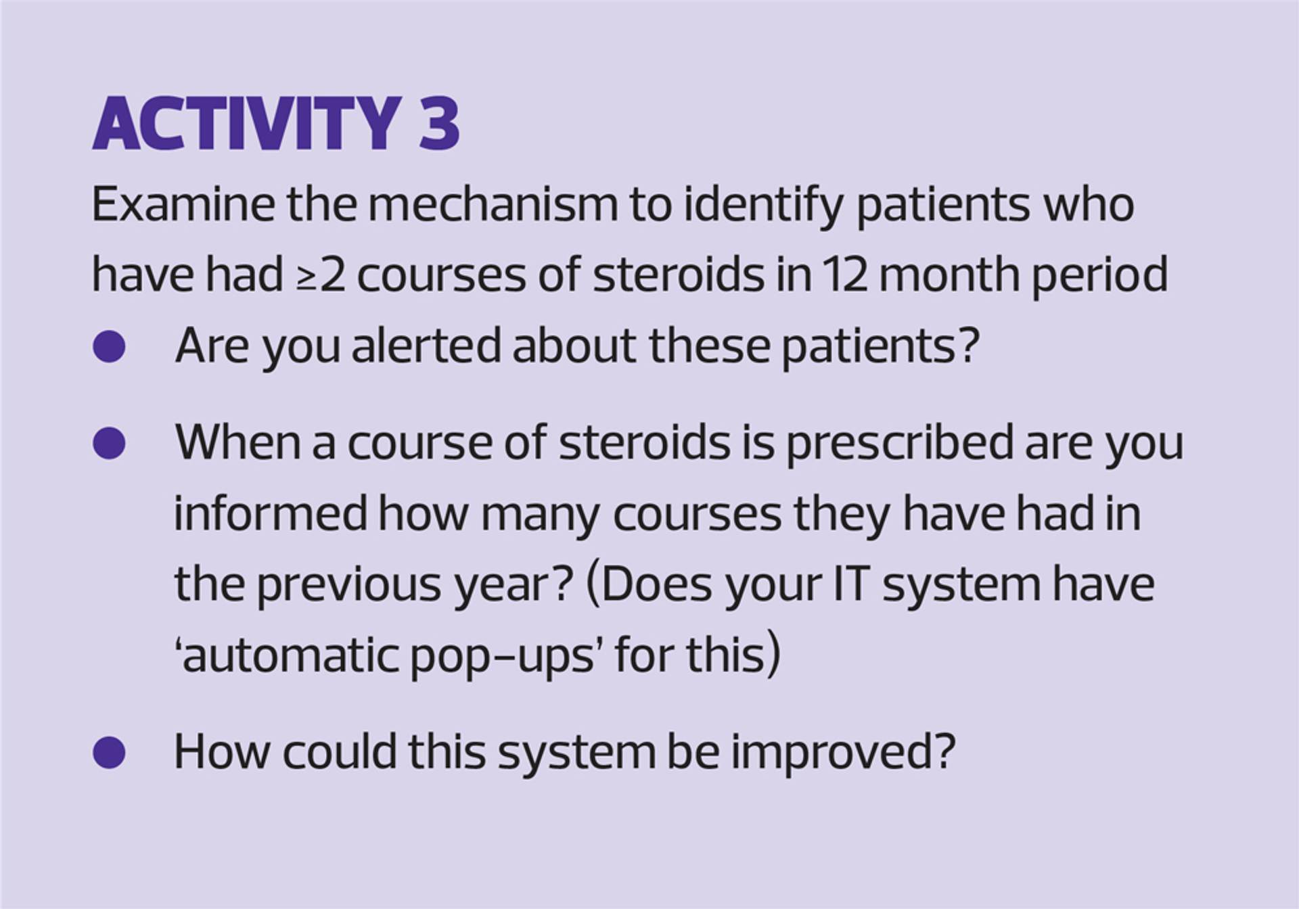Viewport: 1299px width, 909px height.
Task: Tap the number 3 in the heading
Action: click(x=439, y=124)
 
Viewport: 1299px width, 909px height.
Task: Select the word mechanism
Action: click(x=493, y=204)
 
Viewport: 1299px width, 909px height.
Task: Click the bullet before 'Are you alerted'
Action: click(x=109, y=347)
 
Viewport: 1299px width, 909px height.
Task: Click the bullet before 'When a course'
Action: click(x=109, y=443)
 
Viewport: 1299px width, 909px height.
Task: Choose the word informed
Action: click(x=270, y=513)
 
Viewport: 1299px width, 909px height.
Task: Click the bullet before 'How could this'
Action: click(x=109, y=753)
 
